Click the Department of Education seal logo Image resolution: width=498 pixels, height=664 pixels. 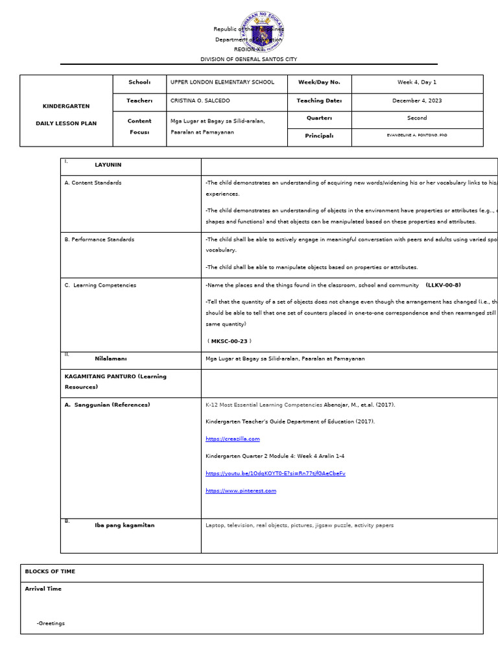(261, 33)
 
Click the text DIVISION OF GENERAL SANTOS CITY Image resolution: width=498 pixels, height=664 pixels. (248, 59)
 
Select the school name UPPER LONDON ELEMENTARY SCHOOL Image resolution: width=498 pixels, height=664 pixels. (222, 82)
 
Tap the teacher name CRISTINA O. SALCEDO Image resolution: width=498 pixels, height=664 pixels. (200, 101)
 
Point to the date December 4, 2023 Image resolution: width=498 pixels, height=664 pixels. (417, 101)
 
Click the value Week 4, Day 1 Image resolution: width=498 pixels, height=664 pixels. (417, 82)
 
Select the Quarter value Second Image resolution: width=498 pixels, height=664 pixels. (417, 118)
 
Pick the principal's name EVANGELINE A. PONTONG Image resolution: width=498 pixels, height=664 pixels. (417, 135)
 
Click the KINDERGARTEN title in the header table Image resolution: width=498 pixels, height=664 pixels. (66, 106)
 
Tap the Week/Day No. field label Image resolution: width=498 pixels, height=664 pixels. (318, 82)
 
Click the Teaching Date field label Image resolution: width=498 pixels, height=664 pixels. (319, 101)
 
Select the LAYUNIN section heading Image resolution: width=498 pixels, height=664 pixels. (108, 165)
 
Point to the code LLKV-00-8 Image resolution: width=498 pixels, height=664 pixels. (444, 285)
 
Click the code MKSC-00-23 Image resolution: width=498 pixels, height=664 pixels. (229, 341)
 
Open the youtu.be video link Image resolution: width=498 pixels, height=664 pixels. (275, 473)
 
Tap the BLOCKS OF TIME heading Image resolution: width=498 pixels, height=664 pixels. (50, 571)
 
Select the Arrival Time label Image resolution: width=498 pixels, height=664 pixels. (43, 589)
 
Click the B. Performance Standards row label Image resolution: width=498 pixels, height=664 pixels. (99, 239)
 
